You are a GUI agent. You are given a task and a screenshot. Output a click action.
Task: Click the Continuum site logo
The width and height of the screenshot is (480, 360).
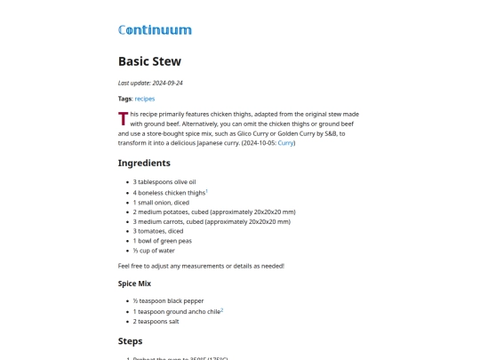[x=155, y=29]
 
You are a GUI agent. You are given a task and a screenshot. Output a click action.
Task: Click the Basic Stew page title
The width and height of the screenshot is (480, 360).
[x=149, y=61]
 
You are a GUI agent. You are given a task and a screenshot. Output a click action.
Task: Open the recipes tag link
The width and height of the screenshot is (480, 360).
[x=144, y=99]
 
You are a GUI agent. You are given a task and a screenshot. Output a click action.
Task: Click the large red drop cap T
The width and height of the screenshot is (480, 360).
[x=124, y=119]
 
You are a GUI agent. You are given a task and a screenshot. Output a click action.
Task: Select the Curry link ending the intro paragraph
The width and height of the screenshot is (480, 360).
[x=285, y=142]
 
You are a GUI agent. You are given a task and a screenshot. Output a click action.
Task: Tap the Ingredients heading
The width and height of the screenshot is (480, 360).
[x=144, y=163]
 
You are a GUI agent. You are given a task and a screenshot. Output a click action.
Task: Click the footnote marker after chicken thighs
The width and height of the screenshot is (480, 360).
[x=206, y=190]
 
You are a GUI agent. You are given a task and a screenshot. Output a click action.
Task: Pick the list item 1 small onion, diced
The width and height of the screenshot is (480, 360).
[x=161, y=202]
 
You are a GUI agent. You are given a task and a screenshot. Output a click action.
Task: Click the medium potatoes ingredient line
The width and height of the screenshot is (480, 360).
[x=213, y=212]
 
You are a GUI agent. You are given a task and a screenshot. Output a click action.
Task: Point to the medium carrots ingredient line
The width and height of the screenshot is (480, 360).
[x=212, y=221]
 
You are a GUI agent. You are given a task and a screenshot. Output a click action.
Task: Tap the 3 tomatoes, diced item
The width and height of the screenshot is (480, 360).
[x=158, y=231]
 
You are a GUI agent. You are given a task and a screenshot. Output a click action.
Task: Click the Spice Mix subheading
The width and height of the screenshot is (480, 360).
[x=134, y=284]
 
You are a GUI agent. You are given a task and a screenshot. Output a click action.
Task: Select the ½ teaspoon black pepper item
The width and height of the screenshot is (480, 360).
[x=168, y=301]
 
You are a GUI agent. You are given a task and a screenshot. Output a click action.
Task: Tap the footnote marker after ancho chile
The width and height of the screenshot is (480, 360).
[x=221, y=310]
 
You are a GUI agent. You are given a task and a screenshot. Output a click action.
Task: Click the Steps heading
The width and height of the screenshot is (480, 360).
[x=130, y=340]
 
